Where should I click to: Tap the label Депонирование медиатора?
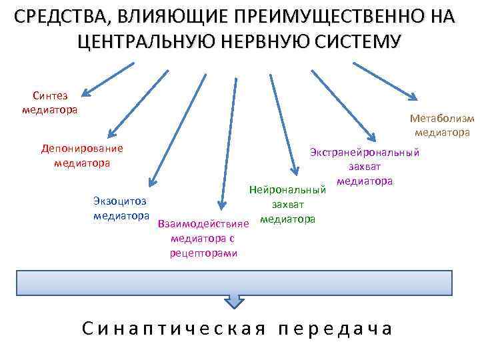click(x=82, y=155)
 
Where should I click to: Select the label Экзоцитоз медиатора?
click(x=121, y=208)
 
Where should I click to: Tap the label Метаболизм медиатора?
click(x=442, y=125)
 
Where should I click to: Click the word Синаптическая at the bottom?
click(x=174, y=328)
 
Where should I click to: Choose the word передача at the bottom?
click(x=335, y=328)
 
